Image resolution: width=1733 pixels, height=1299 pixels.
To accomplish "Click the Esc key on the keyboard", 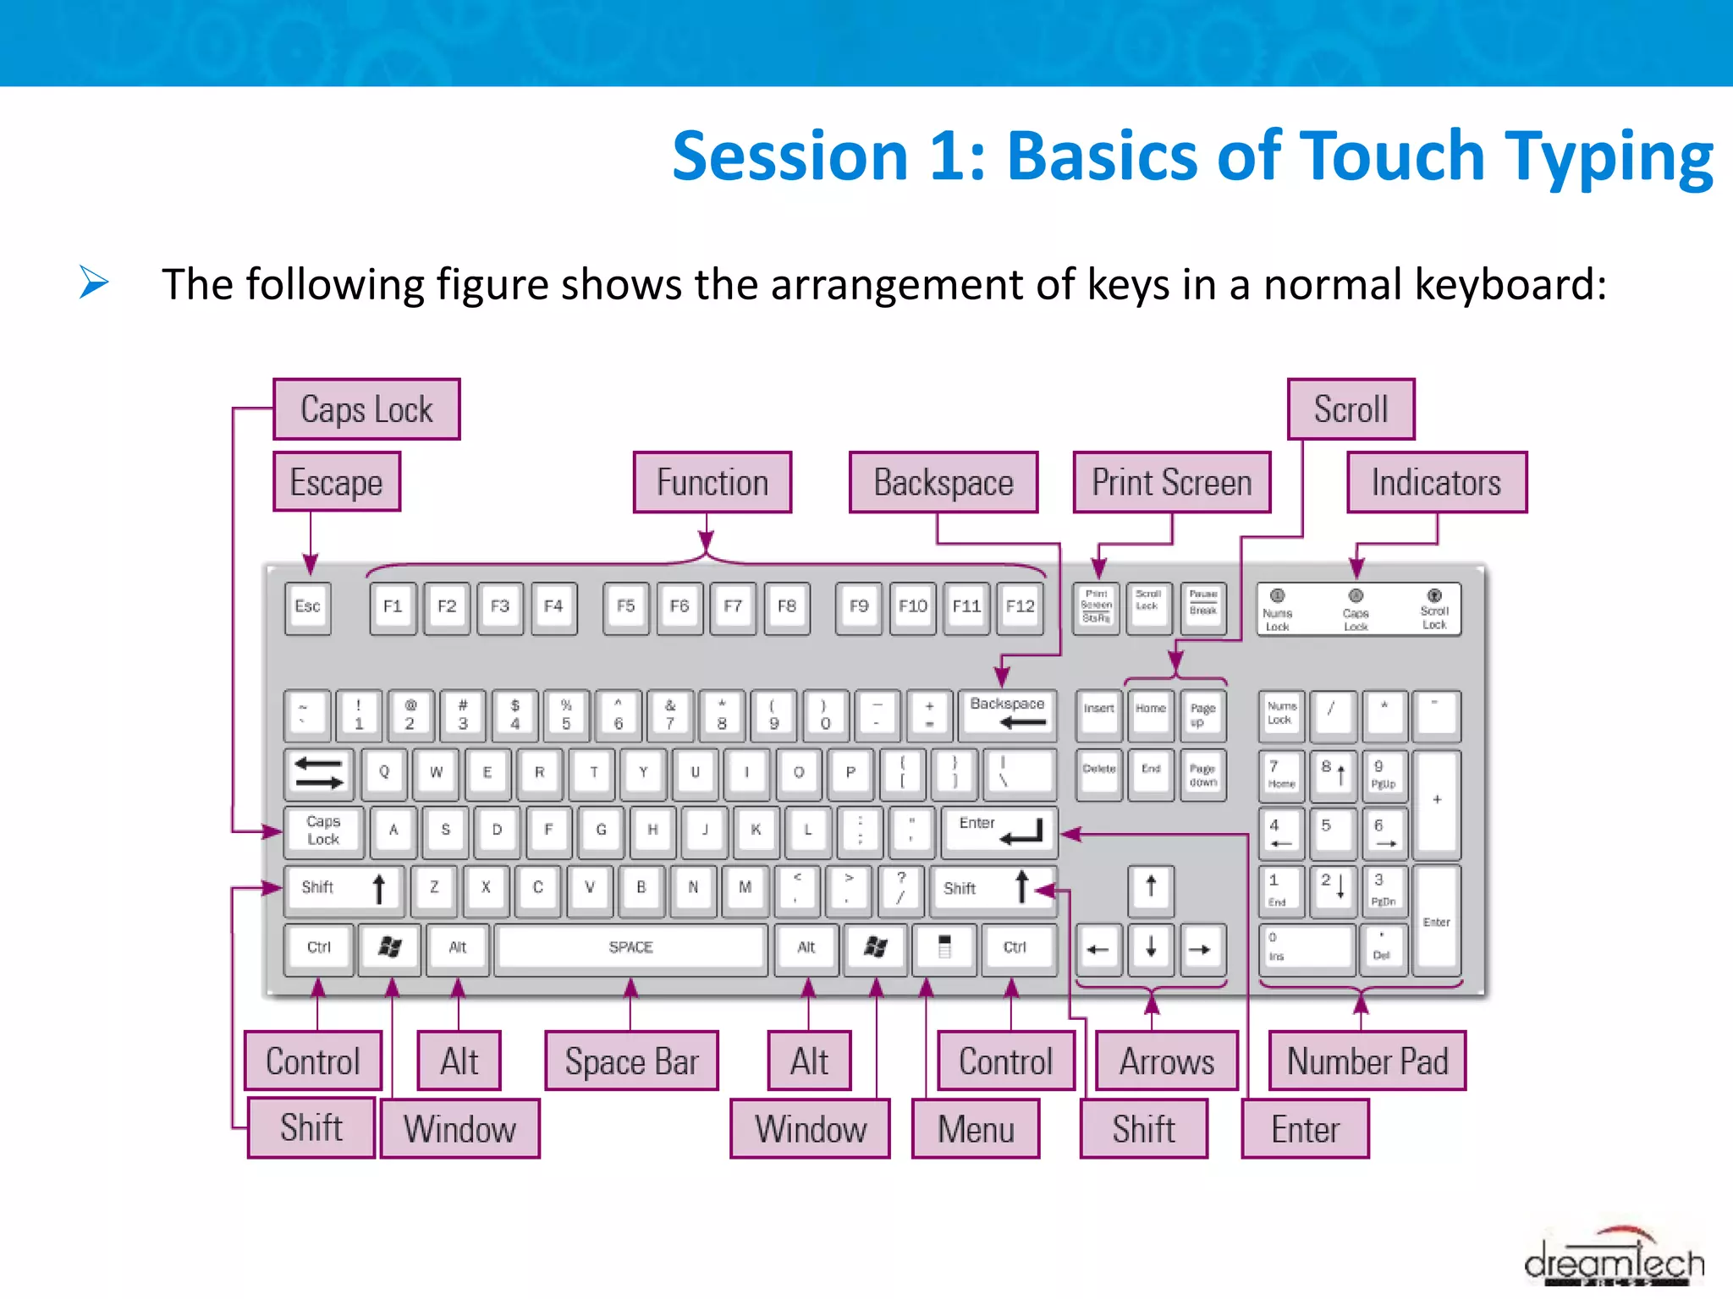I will [x=308, y=606].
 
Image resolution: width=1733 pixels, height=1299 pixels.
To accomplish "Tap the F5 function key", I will [x=625, y=606].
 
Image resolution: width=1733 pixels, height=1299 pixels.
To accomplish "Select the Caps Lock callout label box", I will [x=366, y=409].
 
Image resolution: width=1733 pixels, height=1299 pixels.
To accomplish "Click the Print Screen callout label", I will [x=1172, y=482].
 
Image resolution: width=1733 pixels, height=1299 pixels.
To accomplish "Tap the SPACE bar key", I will [x=630, y=947].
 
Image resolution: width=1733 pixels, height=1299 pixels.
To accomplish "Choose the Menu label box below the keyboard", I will [x=976, y=1129].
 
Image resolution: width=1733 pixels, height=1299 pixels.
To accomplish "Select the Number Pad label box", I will [x=1367, y=1061].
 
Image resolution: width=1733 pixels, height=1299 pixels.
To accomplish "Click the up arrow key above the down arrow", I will [x=1151, y=888].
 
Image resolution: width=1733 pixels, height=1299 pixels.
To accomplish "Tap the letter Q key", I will [x=384, y=772].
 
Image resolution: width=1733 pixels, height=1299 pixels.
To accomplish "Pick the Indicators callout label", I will [x=1437, y=482].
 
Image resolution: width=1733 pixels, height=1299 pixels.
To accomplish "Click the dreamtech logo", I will [x=1615, y=1260].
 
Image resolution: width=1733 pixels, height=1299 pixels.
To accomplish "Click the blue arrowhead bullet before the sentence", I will [x=94, y=282].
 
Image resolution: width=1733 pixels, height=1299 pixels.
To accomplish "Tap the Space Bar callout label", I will [x=631, y=1061].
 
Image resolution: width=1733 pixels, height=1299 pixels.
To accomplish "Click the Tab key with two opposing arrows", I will [x=319, y=773].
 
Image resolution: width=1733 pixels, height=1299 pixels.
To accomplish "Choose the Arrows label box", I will [x=1166, y=1061].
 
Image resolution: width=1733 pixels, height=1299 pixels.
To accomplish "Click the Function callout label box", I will [x=712, y=482].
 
